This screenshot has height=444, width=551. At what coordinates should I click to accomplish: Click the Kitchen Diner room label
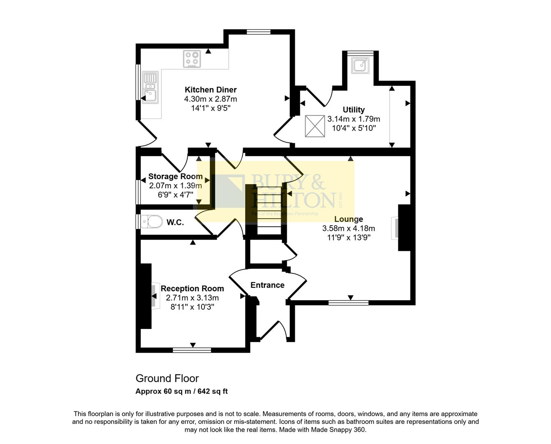(x=210, y=90)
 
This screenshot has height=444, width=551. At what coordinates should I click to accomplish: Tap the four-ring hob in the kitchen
(x=192, y=58)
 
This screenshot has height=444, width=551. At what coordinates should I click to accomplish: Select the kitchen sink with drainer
(x=150, y=87)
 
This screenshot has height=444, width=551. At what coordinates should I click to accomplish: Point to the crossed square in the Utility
(x=315, y=126)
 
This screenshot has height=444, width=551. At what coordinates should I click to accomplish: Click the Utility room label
(x=354, y=110)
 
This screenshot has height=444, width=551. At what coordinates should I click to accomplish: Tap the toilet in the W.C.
(x=151, y=222)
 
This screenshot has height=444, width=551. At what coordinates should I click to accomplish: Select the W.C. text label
(x=175, y=222)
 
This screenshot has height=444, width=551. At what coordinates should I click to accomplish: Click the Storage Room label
(x=175, y=176)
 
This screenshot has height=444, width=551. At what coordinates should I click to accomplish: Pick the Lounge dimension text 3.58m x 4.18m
(x=348, y=228)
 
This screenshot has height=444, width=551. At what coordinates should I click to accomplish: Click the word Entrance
(x=267, y=285)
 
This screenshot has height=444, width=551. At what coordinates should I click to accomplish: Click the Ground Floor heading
(x=167, y=378)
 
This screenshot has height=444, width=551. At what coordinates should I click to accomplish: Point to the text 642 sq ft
(x=213, y=391)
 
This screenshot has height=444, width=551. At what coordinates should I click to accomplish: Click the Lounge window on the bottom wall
(x=348, y=303)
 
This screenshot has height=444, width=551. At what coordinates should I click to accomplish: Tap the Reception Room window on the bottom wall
(x=192, y=350)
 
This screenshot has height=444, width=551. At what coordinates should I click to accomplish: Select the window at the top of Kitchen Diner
(x=259, y=32)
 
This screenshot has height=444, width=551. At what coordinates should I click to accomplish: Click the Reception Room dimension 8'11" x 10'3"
(x=192, y=307)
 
